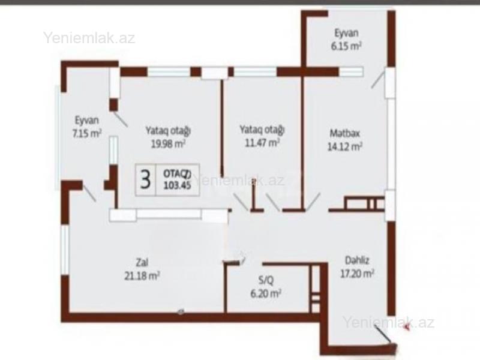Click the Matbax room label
coord(344,133)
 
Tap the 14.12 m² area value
coord(345,146)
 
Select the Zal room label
coord(142,262)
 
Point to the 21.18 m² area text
coord(142,276)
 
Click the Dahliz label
coord(357,260)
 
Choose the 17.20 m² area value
coord(357,274)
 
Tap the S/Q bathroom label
coord(266,280)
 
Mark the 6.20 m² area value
coord(266,293)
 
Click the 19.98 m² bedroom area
coord(168,144)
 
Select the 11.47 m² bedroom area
coord(262,143)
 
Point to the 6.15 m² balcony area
coord(346,46)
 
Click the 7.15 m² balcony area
coord(87,133)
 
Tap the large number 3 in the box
coord(145,180)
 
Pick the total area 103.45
coord(178,185)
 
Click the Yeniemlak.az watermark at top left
coord(89,38)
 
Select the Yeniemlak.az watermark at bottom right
coord(388,322)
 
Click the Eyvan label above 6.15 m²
coord(347,33)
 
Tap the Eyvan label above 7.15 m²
coord(87,120)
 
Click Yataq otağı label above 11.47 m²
coord(262,130)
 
